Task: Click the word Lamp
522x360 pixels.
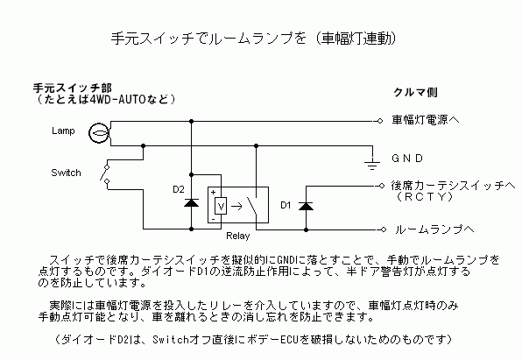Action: click(x=63, y=131)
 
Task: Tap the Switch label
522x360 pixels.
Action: click(x=66, y=173)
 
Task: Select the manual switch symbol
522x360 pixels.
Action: click(x=105, y=173)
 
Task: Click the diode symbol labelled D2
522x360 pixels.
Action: click(x=192, y=202)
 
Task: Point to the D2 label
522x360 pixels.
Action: click(x=179, y=189)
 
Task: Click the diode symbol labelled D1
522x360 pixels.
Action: click(x=306, y=206)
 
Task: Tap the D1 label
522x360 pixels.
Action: click(x=286, y=205)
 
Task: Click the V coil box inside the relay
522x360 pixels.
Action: click(x=221, y=206)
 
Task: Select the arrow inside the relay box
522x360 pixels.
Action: click(x=236, y=207)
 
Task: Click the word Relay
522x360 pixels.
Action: click(x=237, y=236)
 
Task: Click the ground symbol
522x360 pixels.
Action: click(x=372, y=164)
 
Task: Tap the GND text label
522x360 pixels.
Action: click(x=407, y=159)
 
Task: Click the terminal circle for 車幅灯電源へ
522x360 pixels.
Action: click(x=380, y=121)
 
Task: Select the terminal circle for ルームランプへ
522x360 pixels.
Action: click(x=383, y=229)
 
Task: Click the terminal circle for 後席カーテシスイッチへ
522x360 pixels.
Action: click(x=382, y=186)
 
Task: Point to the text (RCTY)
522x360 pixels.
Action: click(x=425, y=197)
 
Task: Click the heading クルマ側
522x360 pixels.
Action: click(x=415, y=92)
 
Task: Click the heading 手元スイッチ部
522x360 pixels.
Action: click(x=73, y=88)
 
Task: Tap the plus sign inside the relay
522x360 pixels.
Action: click(x=213, y=193)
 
